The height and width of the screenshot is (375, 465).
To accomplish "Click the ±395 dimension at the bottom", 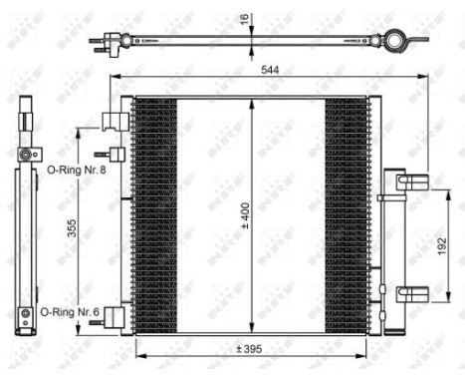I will coord(248,348).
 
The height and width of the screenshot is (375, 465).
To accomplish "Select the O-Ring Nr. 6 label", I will coord(70,312).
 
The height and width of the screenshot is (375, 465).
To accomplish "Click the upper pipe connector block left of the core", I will coord(121,121).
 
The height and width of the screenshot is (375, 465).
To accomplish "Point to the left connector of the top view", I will coord(104,43).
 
